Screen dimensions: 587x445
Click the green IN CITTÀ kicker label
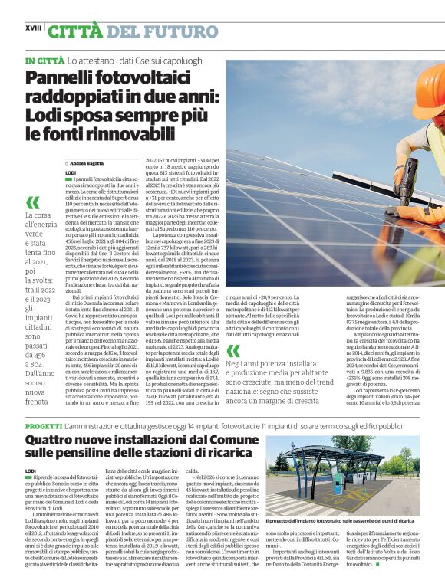coord(44,60)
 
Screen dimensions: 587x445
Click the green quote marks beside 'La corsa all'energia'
coord(32,202)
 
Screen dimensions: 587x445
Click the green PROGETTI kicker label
coord(44,424)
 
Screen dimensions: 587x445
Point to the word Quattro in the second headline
coord(51,441)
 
